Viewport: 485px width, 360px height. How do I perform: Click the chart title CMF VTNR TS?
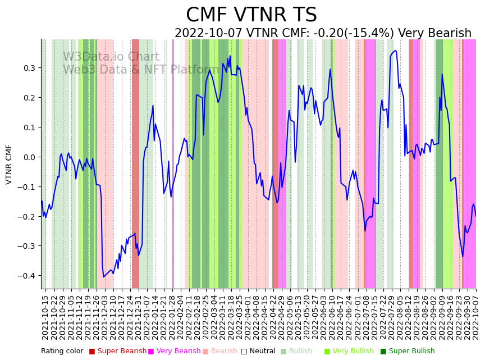tap(251, 15)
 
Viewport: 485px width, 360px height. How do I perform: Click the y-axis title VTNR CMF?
tap(9, 164)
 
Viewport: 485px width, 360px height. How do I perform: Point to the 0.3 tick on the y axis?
tap(28, 68)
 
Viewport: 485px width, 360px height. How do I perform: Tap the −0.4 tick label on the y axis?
tap(26, 276)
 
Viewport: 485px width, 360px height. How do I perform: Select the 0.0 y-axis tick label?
tap(28, 157)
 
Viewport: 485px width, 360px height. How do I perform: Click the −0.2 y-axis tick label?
tap(26, 217)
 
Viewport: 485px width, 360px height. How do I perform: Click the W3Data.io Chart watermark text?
tap(111, 57)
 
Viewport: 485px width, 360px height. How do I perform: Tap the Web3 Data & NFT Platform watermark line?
tap(140, 70)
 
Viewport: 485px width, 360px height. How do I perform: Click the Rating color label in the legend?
tap(62, 352)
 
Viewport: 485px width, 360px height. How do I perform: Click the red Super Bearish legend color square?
tap(92, 352)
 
